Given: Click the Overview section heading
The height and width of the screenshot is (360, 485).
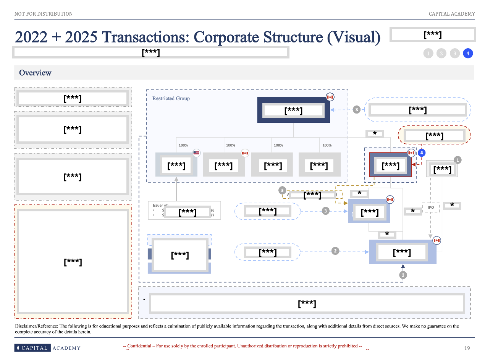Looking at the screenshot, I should (x=35, y=73).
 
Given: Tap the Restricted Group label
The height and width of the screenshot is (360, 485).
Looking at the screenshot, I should (x=171, y=98).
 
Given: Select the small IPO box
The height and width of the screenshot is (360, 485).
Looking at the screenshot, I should (x=431, y=208).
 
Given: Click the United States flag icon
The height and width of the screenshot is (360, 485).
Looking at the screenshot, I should (x=196, y=153).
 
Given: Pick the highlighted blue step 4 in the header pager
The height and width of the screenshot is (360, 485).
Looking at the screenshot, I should (x=468, y=54).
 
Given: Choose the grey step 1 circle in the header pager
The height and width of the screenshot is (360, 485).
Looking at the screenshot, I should (x=428, y=54).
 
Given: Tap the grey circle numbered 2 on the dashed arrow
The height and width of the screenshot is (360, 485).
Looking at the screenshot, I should (x=335, y=251).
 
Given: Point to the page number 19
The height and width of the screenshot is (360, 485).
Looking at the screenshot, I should (x=467, y=348).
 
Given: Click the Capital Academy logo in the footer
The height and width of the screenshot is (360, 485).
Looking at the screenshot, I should (x=48, y=348).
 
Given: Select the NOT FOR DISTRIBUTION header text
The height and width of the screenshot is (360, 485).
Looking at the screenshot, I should (x=44, y=14).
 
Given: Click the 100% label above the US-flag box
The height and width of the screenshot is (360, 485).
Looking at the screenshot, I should (x=183, y=145).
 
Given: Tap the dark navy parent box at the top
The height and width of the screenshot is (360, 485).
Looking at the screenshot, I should (x=293, y=110).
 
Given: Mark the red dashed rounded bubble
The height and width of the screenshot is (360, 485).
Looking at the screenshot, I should (x=435, y=135).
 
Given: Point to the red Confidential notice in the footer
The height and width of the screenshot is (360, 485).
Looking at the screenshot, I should (x=242, y=346).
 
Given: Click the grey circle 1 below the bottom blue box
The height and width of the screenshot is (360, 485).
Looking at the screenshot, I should (x=403, y=275).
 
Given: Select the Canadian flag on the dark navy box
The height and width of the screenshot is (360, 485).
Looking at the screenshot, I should (x=330, y=97).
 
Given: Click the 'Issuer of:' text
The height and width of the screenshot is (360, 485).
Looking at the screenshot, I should (x=160, y=205).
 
